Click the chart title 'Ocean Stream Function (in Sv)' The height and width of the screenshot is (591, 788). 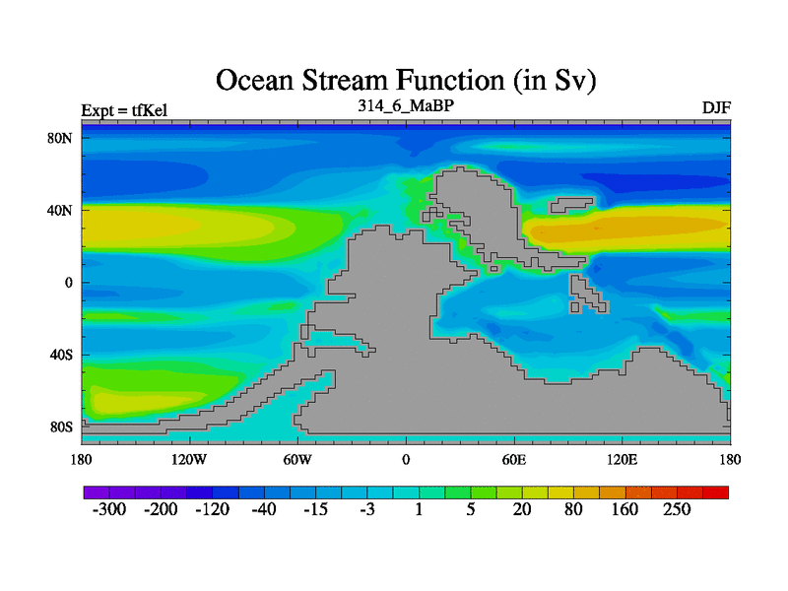pyautogui.click(x=406, y=81)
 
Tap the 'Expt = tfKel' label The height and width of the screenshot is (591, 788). pyautogui.click(x=124, y=110)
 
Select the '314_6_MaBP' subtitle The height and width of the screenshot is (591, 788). pyautogui.click(x=406, y=105)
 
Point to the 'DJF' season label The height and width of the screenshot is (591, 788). pyautogui.click(x=716, y=108)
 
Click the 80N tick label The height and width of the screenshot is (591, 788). pyautogui.click(x=60, y=138)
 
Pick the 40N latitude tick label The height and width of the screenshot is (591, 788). pyautogui.click(x=60, y=210)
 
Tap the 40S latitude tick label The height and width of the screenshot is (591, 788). pyautogui.click(x=61, y=355)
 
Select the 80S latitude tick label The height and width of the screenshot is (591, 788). pyautogui.click(x=61, y=427)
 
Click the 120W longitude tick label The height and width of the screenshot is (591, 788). pyautogui.click(x=189, y=459)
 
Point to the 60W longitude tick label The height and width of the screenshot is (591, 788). pyautogui.click(x=297, y=459)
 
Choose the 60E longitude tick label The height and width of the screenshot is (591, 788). pyautogui.click(x=514, y=459)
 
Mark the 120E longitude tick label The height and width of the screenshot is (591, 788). pyautogui.click(x=623, y=459)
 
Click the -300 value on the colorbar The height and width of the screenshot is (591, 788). pyautogui.click(x=109, y=509)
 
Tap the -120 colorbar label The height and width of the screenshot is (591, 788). pyautogui.click(x=212, y=509)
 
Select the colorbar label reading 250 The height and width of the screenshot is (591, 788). pyautogui.click(x=677, y=509)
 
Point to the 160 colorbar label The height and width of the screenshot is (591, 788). pyautogui.click(x=624, y=509)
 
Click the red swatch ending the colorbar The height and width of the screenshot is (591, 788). pyautogui.click(x=716, y=492)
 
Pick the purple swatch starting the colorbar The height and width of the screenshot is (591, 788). pyautogui.click(x=97, y=492)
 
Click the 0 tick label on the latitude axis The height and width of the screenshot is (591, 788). pyautogui.click(x=68, y=283)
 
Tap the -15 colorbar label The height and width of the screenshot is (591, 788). pyautogui.click(x=315, y=509)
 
